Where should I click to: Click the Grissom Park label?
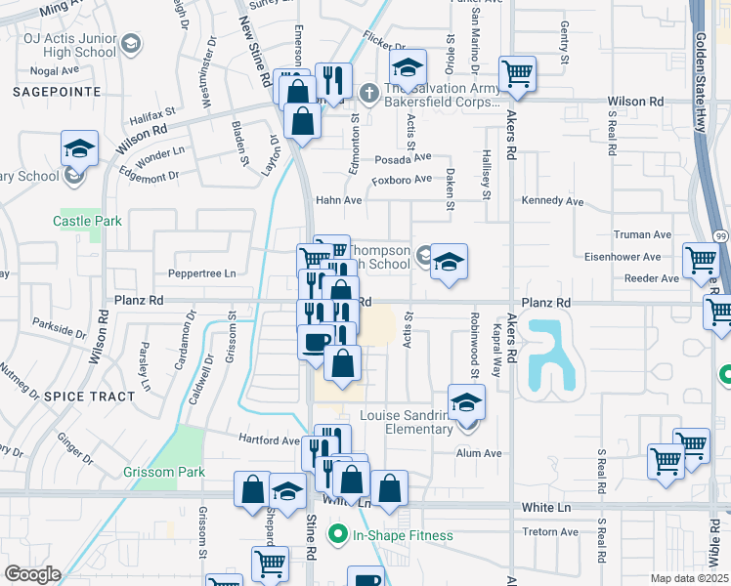point(164,473)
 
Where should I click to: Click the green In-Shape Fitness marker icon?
point(338,534)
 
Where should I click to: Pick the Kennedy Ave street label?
point(552,201)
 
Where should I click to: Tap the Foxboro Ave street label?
point(401,179)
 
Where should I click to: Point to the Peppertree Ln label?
point(202,273)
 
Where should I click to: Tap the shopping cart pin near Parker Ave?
point(517,72)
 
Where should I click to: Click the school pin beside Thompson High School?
point(449,262)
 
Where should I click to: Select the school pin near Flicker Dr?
point(407,68)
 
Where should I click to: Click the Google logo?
point(32,574)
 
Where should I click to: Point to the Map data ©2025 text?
point(689,578)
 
